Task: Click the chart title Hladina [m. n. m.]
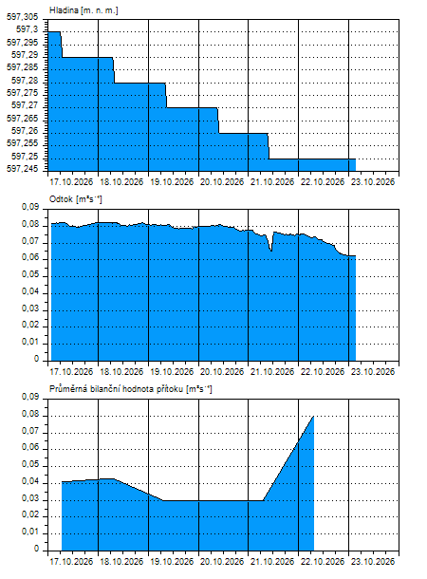[x=84, y=10]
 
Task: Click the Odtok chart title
[x=76, y=199]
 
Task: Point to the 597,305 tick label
[x=22, y=17]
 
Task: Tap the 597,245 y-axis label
[x=22, y=169]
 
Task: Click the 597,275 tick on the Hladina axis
[x=22, y=93]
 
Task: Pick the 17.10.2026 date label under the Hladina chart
[x=71, y=182]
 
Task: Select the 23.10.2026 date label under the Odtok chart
[x=373, y=371]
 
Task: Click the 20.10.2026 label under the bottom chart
[x=222, y=562]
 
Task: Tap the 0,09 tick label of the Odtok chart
[x=30, y=207]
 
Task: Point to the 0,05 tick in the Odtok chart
[x=30, y=274]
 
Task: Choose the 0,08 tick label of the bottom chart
[x=30, y=414]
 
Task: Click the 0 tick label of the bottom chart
[x=36, y=549]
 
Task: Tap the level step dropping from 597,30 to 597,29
[x=61, y=45]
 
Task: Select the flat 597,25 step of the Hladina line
[x=312, y=159]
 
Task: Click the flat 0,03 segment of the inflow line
[x=213, y=501]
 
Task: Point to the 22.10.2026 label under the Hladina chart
[x=323, y=182]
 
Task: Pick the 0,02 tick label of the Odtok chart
[x=30, y=325]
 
